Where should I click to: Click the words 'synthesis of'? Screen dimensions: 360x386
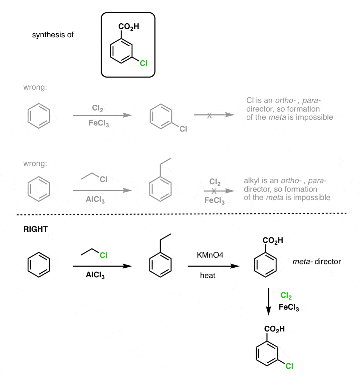click(x=53, y=35)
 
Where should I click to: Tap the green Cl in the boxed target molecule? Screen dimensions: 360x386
click(x=143, y=63)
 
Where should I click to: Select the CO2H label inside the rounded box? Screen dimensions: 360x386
click(x=129, y=27)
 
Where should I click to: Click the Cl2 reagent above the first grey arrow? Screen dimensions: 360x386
click(x=98, y=108)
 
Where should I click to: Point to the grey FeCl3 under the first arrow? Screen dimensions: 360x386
click(x=99, y=123)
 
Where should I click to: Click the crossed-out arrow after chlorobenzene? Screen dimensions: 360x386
click(x=214, y=115)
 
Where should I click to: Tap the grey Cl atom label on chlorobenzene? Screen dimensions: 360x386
click(x=183, y=129)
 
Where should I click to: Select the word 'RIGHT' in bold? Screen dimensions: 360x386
click(x=35, y=229)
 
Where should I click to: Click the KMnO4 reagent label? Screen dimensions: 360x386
click(x=210, y=255)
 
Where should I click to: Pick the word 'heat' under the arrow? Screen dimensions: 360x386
click(x=208, y=275)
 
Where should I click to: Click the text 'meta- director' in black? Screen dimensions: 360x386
click(x=317, y=262)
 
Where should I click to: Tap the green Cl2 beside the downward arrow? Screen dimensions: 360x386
click(x=286, y=295)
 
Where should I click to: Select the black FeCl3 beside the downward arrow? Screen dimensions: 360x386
click(x=289, y=307)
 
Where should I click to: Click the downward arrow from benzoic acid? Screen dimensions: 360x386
click(x=269, y=302)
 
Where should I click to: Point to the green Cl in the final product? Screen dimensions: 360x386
click(x=289, y=366)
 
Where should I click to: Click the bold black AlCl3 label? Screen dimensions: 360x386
click(x=95, y=275)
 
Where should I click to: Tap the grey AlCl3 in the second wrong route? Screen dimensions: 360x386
click(x=95, y=199)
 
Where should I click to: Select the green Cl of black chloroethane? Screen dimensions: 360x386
click(x=104, y=255)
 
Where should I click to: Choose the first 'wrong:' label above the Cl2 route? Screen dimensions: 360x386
click(x=35, y=87)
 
